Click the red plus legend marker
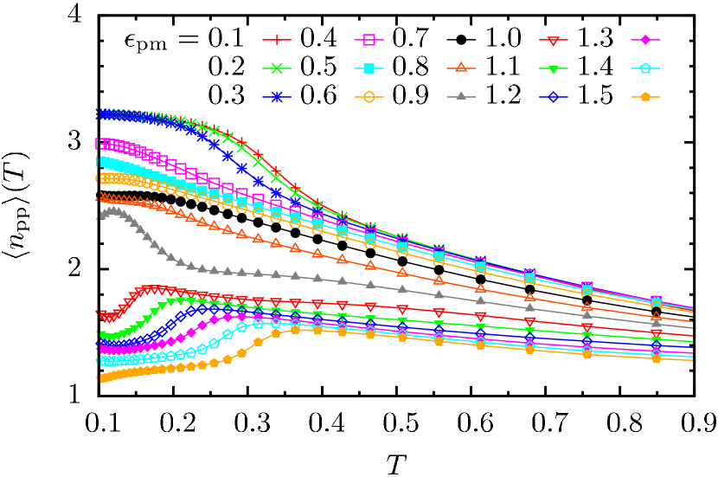[x=277, y=39]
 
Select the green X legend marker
[x=277, y=68]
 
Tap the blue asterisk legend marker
[x=277, y=97]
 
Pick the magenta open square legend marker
[x=369, y=39]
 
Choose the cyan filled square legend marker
[x=369, y=68]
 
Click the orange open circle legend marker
[x=369, y=97]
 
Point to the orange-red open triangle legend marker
[x=461, y=68]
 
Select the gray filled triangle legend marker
[x=461, y=97]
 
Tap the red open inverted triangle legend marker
[x=554, y=39]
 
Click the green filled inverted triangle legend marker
[x=554, y=68]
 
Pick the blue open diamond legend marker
[x=554, y=97]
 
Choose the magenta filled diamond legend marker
[x=645, y=39]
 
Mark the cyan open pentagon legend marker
[x=645, y=68]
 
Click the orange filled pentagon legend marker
[x=645, y=97]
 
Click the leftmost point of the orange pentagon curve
[x=99, y=378]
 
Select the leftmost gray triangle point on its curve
[x=99, y=215]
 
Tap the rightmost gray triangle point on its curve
[x=657, y=322]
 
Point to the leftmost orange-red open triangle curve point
[x=99, y=197]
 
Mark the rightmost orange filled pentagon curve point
[x=657, y=358]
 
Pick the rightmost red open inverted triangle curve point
[x=657, y=333]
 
